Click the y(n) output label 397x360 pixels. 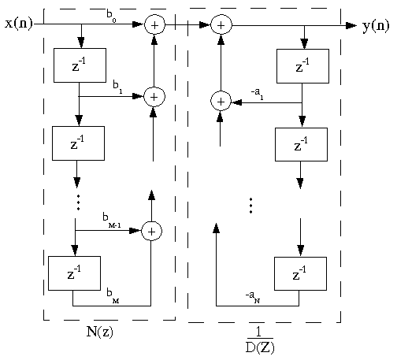[x=376, y=26]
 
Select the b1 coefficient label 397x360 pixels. [x=117, y=84]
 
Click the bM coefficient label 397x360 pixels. [x=113, y=293]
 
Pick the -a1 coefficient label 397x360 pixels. [x=257, y=91]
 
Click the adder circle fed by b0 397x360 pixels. [x=154, y=25]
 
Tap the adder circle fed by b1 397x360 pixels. [x=154, y=96]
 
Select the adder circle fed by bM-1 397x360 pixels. [x=151, y=231]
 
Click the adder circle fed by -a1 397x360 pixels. [x=221, y=101]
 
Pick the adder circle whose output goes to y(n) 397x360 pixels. [x=221, y=25]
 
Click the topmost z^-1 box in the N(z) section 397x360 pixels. [x=80, y=65]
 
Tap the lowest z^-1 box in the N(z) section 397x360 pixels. [x=74, y=273]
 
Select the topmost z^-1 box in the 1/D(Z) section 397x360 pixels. [x=302, y=65]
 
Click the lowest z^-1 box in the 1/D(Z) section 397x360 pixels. [x=299, y=273]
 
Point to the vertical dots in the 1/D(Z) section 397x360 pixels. [x=250, y=206]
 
